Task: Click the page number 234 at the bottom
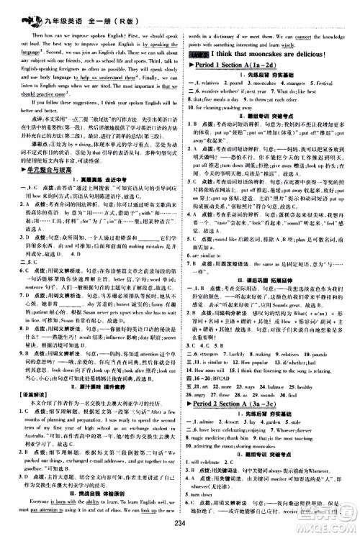point(179,527)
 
